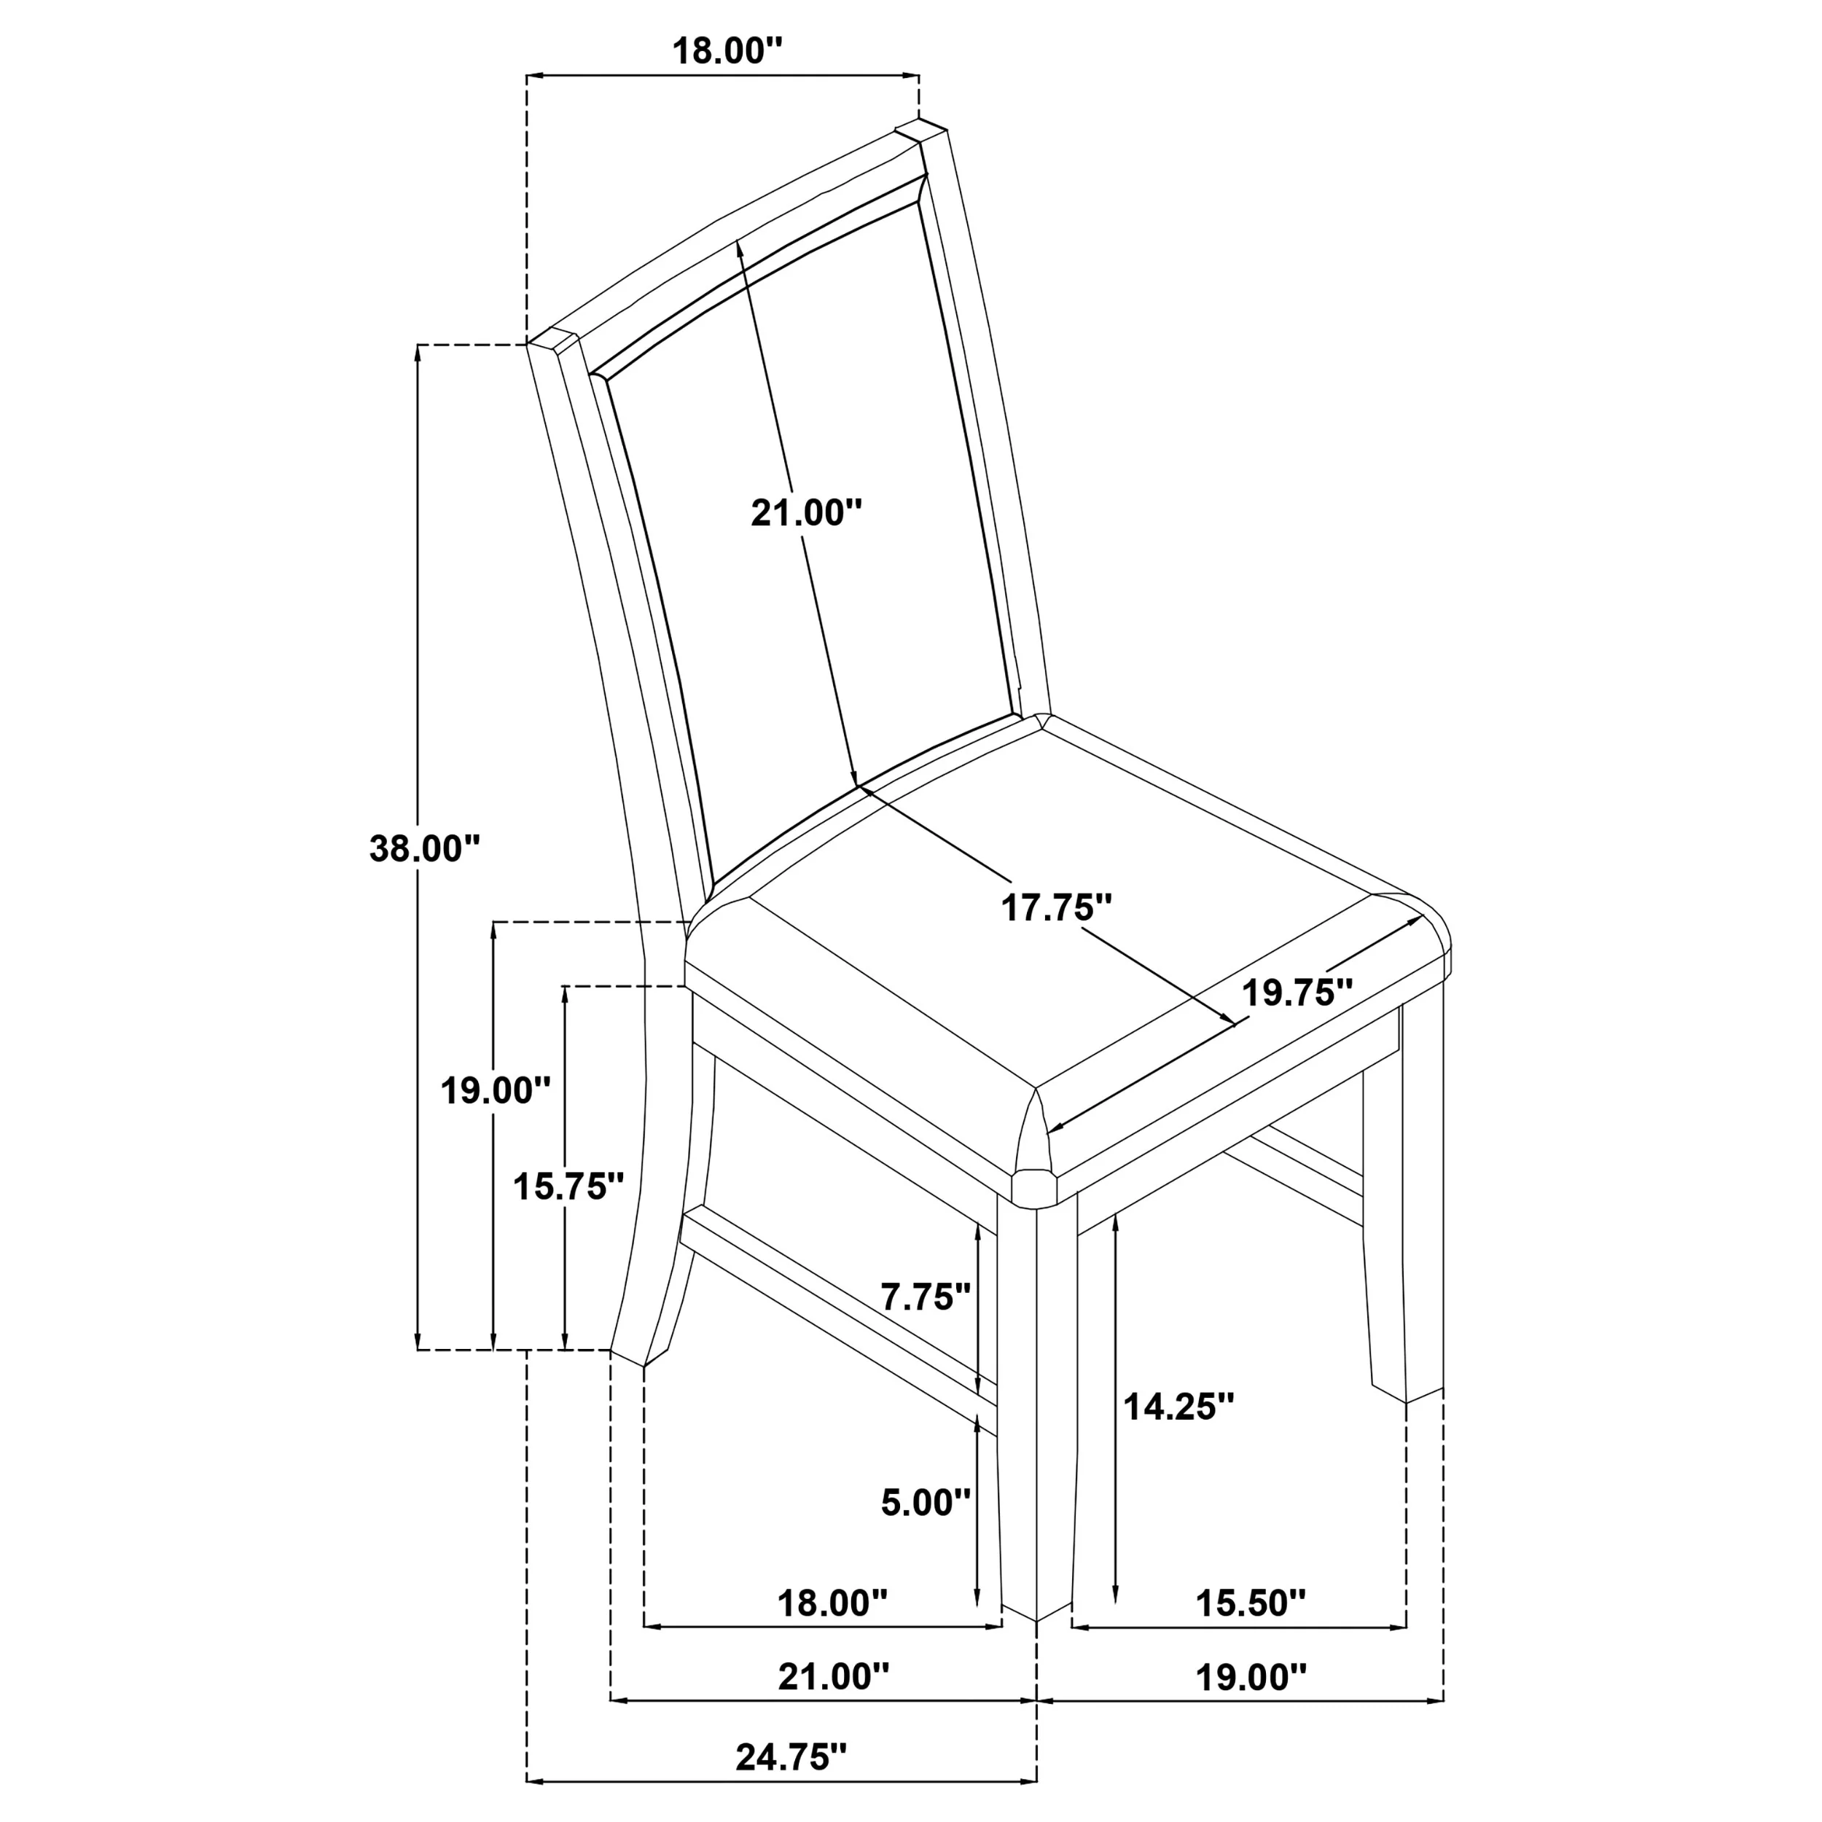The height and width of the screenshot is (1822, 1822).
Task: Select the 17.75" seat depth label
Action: [x=1056, y=908]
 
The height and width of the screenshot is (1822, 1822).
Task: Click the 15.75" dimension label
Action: [x=568, y=1186]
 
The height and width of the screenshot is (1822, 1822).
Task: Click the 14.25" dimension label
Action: [x=1178, y=1434]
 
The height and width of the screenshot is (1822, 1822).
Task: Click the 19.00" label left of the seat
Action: [x=495, y=1091]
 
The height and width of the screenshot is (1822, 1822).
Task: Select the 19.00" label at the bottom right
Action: [x=1251, y=1678]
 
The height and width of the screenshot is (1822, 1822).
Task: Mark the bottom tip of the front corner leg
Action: [x=1037, y=1621]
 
